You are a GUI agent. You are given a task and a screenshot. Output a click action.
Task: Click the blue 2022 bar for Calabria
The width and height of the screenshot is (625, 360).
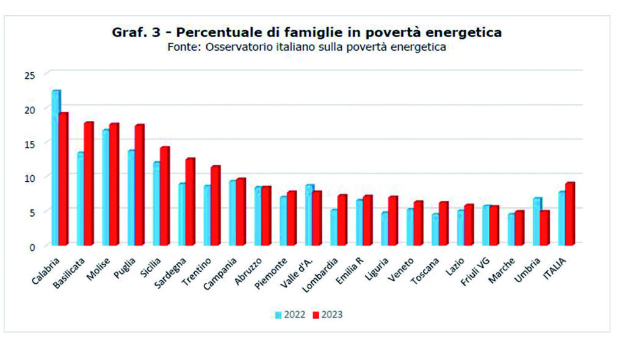[x=56, y=168]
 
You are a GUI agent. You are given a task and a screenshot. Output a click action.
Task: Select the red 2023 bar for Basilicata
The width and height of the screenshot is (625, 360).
[x=89, y=184]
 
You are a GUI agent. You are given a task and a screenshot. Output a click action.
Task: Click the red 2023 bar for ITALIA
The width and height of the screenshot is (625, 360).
[x=569, y=214]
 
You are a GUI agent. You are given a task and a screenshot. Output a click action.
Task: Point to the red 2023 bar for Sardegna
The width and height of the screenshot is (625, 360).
[x=190, y=201]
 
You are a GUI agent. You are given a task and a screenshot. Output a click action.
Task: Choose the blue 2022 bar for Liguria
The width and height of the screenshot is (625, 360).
[x=385, y=229]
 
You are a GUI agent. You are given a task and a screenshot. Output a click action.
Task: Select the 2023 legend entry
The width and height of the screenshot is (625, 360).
[x=327, y=315]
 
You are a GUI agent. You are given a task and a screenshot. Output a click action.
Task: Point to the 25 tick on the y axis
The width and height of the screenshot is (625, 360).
[x=31, y=74]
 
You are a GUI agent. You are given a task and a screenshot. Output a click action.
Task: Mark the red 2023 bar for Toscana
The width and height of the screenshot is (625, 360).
[x=443, y=223]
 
